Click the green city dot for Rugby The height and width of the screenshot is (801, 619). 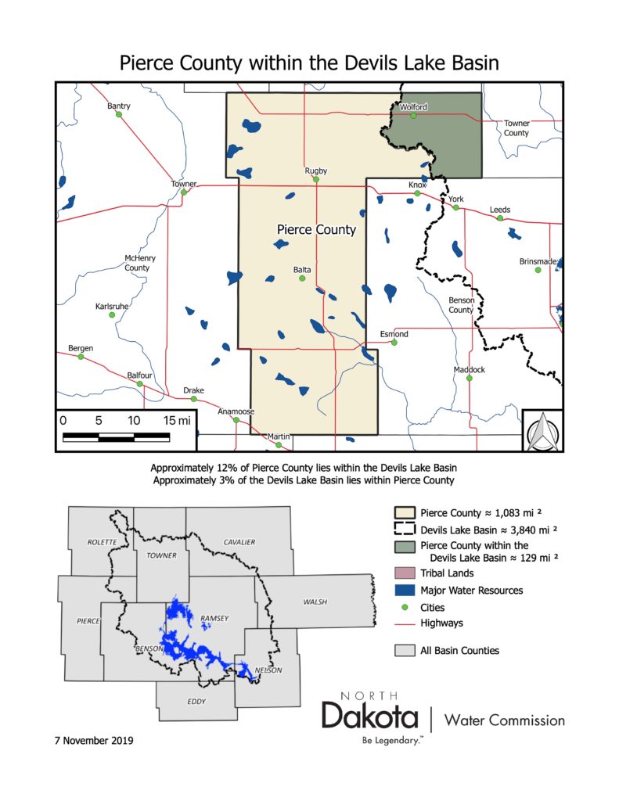point(316,179)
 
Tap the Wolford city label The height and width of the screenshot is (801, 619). point(413,106)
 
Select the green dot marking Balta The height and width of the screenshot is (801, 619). point(302,278)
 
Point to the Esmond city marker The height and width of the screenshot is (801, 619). point(394,342)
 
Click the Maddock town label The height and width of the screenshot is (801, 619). point(470,369)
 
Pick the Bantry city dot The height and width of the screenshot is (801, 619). point(119,114)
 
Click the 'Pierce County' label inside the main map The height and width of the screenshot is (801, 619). point(317,230)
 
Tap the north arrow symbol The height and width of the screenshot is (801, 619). point(542,431)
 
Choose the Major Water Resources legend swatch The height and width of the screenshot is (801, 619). point(404,590)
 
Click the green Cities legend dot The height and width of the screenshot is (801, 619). point(404,606)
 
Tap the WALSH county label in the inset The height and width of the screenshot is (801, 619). point(315,602)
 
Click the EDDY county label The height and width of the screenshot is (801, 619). point(196,701)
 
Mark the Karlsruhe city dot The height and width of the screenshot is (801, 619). point(111,314)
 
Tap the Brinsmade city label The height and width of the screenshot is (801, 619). point(538,261)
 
